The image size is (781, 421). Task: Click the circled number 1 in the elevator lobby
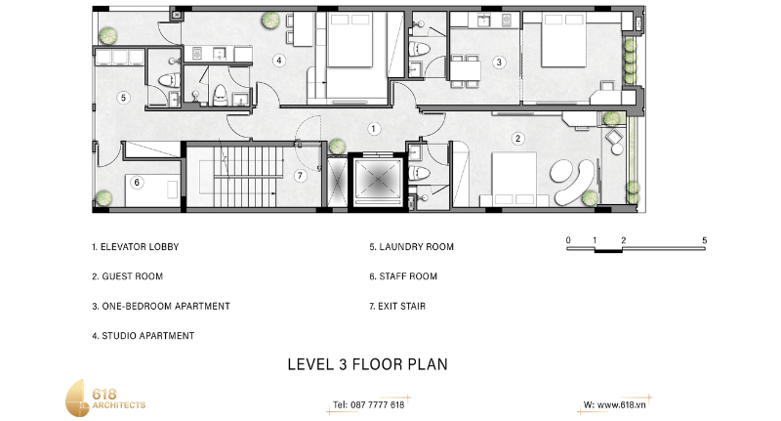(x=374, y=129)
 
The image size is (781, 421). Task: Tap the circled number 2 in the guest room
(x=518, y=139)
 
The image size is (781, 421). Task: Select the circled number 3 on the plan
(x=499, y=63)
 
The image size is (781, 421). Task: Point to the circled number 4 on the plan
(x=279, y=61)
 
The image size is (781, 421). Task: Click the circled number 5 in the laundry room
(x=124, y=98)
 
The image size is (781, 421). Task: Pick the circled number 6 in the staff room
(x=137, y=183)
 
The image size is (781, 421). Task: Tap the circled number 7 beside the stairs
(x=300, y=176)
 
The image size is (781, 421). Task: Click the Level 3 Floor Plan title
(x=368, y=364)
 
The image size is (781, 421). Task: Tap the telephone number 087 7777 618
(x=378, y=405)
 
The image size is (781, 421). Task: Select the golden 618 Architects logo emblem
(x=77, y=399)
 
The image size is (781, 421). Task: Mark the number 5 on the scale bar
(x=704, y=240)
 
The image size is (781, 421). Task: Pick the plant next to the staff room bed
(x=103, y=198)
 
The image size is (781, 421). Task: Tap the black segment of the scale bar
(x=608, y=250)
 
